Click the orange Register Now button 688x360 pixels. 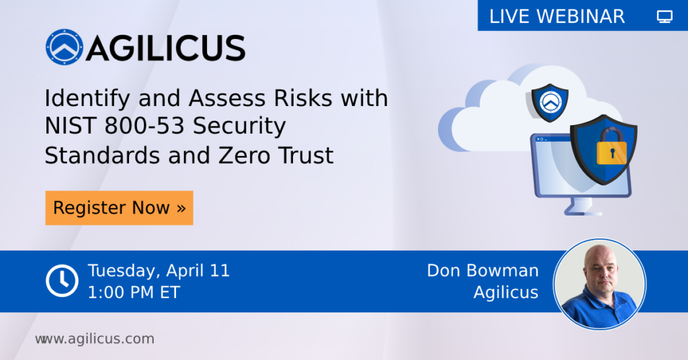point(119,208)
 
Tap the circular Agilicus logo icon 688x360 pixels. point(64,48)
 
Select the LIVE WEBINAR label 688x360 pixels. point(557,16)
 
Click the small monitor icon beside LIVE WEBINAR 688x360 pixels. point(664,17)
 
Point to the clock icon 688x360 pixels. point(62,281)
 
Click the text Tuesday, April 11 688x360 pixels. point(159,271)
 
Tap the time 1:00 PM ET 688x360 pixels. point(134,292)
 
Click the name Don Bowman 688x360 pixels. point(482,271)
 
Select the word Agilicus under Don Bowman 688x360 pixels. point(505,292)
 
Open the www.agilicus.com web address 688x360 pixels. point(95,339)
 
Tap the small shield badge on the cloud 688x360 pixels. point(550,102)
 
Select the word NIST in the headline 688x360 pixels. point(68,127)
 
